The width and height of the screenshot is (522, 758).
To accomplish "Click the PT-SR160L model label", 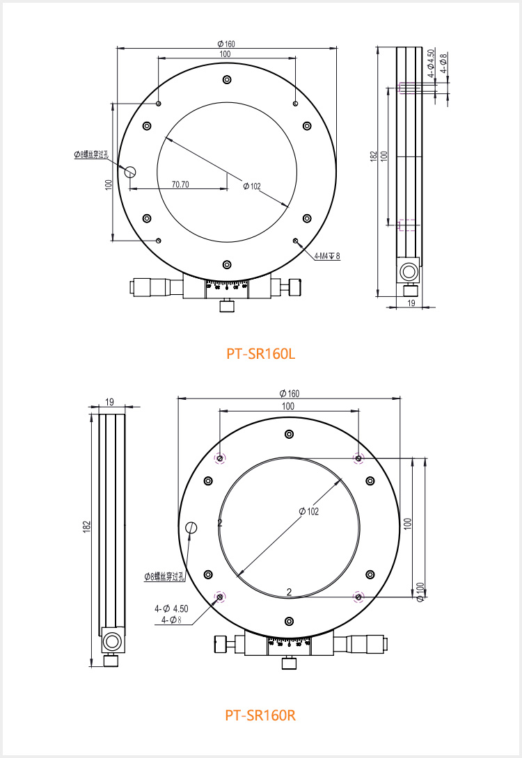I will point(261,354).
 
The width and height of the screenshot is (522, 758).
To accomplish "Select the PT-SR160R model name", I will point(261,715).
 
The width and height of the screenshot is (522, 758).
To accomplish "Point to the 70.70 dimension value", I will point(180,184).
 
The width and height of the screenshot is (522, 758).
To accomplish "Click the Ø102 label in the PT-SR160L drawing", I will point(251,186).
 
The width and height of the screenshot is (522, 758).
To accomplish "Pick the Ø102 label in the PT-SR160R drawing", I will point(308,511).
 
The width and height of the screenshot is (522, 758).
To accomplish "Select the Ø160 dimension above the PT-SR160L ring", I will point(226,44).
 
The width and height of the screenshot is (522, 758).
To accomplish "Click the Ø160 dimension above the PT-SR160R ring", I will point(290,394).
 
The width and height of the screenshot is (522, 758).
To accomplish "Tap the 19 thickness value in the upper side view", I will point(411,303).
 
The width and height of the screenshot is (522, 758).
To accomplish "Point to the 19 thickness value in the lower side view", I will point(110,401).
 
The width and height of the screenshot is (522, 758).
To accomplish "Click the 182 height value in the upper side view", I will point(374,156).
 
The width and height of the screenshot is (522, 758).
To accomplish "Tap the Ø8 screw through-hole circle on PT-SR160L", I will point(130,171).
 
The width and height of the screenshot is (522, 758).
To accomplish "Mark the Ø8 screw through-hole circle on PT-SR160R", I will point(191,529).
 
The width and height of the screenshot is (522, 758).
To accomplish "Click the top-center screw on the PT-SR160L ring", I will point(226,80).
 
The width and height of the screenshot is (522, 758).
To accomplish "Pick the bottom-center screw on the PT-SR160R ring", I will point(290,621).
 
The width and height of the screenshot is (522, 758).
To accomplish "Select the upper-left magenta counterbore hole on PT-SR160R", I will point(220,458).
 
